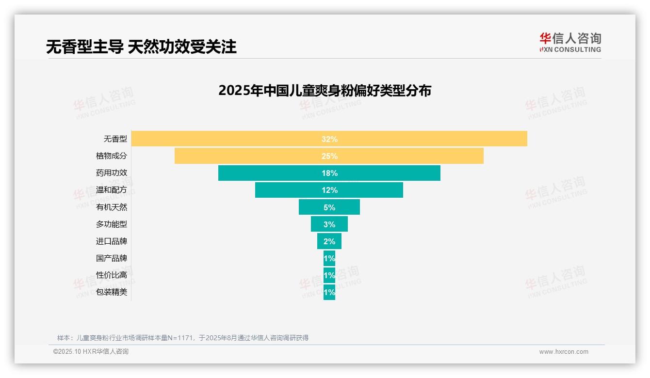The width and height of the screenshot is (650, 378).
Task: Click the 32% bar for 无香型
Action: click(x=329, y=139)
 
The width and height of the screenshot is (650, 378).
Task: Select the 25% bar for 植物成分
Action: click(x=329, y=156)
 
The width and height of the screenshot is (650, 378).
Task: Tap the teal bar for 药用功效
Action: click(x=329, y=173)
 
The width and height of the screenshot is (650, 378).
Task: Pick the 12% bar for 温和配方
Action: click(x=329, y=190)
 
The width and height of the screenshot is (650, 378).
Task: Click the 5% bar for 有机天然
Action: click(x=329, y=207)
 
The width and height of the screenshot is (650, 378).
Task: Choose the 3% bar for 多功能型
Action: click(x=329, y=224)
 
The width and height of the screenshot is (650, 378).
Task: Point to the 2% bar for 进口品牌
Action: click(x=329, y=241)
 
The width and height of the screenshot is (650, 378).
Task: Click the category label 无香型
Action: click(x=115, y=139)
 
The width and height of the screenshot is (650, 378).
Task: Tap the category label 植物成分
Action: click(x=111, y=156)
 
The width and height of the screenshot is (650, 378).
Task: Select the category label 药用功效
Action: click(x=111, y=173)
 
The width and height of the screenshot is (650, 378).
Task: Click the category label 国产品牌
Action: click(x=111, y=258)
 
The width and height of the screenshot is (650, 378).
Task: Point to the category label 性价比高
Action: click(x=111, y=275)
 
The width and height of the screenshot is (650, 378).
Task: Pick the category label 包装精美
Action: click(x=111, y=292)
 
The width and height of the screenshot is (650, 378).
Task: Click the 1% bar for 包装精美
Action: click(x=329, y=292)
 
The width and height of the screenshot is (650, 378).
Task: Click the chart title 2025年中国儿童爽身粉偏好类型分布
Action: click(x=325, y=91)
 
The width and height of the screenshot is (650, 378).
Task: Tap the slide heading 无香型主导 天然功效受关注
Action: click(x=141, y=47)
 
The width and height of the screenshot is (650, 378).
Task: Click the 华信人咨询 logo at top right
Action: click(x=570, y=42)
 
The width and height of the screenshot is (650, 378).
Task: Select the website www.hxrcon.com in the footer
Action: click(x=563, y=352)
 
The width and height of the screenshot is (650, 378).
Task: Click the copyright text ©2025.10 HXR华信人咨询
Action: click(x=91, y=352)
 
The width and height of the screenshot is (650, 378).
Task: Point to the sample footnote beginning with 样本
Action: click(x=183, y=338)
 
